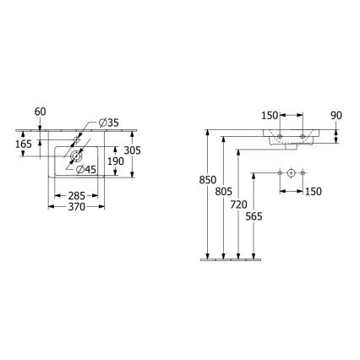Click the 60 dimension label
[x=40, y=111]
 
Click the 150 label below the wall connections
[x=312, y=191]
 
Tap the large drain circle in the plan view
[x=74, y=156]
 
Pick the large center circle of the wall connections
[x=291, y=173]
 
